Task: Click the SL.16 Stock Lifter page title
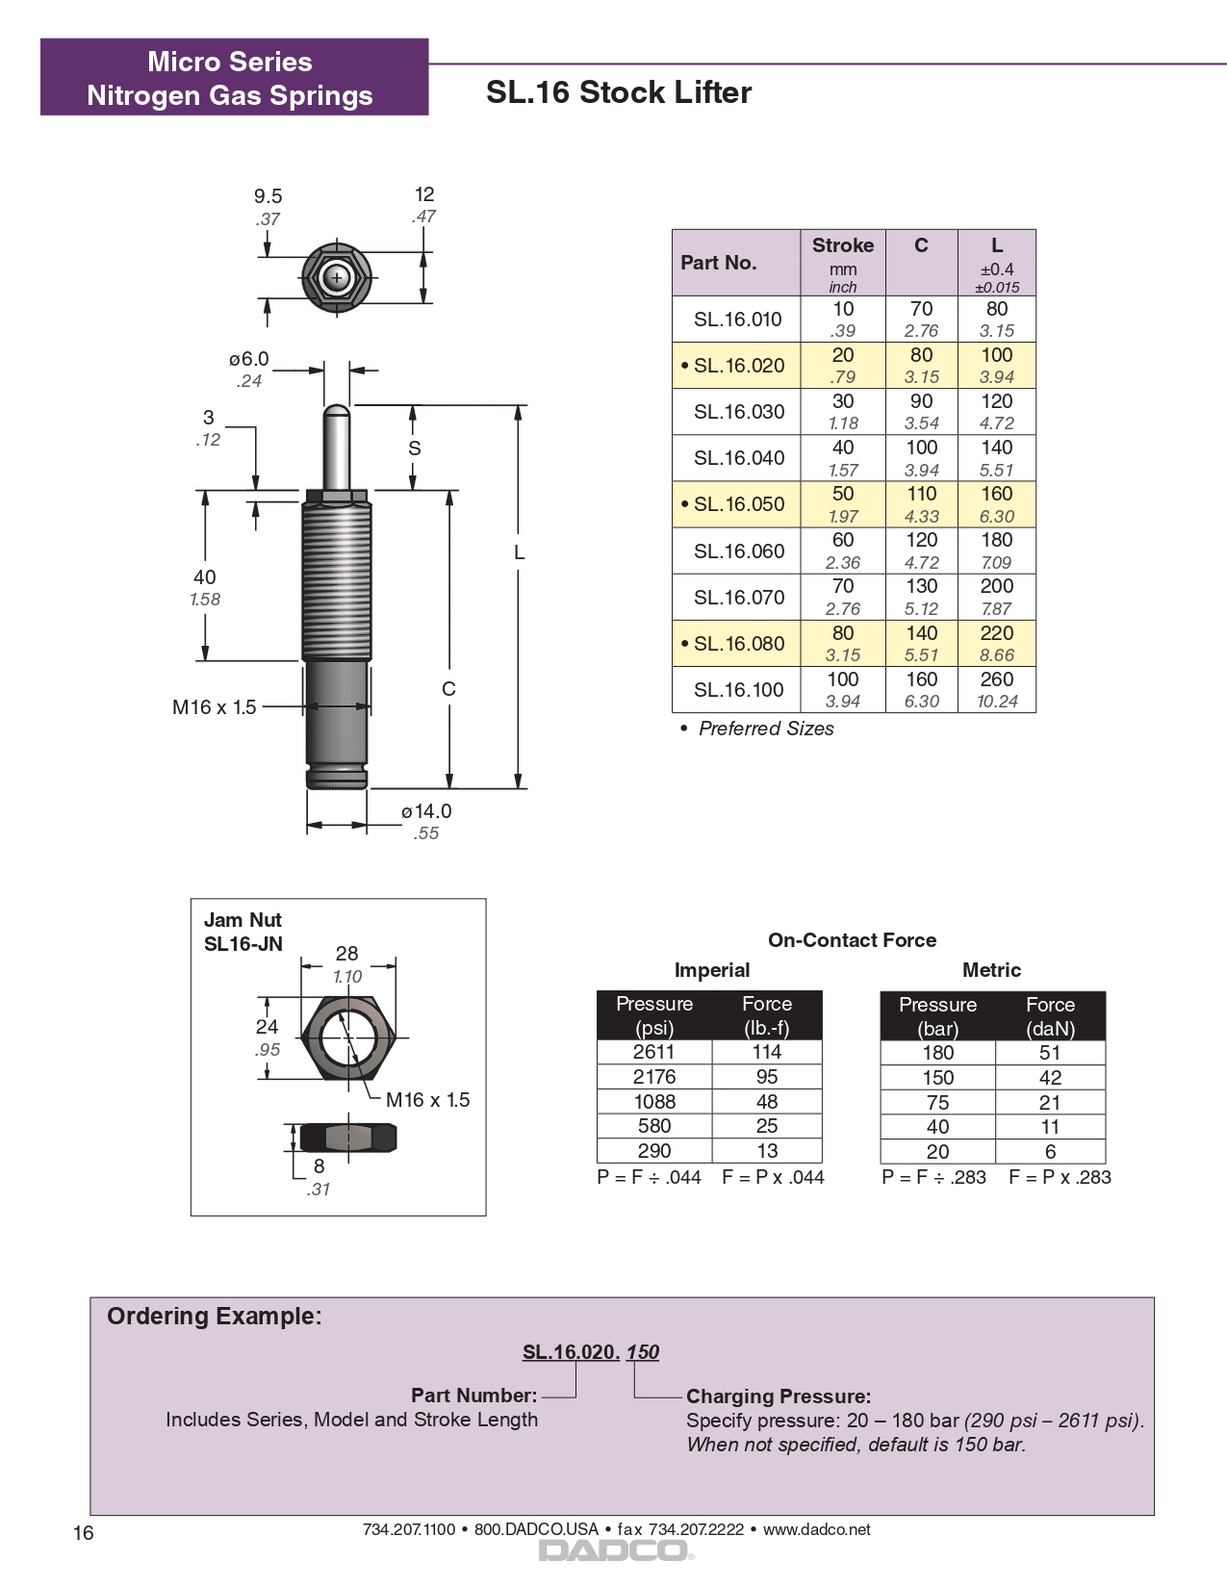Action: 618,92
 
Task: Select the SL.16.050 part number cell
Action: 738,504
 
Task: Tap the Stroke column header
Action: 842,246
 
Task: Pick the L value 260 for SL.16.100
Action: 996,679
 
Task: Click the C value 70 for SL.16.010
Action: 921,309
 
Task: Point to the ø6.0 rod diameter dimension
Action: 248,360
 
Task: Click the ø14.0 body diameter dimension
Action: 426,811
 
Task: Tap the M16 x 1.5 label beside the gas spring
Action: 214,707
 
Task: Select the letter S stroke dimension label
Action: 414,448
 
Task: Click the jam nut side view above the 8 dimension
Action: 347,1138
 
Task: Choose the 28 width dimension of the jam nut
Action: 346,954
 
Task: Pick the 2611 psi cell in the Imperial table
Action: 653,1052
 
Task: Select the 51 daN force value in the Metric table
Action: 1049,1053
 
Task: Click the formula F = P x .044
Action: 773,1177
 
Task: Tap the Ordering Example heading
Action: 214,1317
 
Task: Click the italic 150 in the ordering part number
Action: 642,1352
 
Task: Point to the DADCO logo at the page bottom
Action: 613,1550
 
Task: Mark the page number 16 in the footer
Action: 84,1533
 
